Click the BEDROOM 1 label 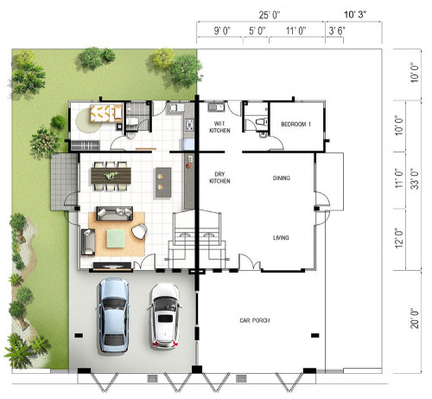click(x=295, y=125)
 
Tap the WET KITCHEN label click(x=219, y=127)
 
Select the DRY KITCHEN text click(x=219, y=177)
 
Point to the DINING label click(x=282, y=178)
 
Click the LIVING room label click(x=281, y=238)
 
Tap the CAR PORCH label click(x=255, y=320)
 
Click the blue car click(x=113, y=315)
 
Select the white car click(x=165, y=316)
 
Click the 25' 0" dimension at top click(x=270, y=15)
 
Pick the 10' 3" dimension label click(x=355, y=15)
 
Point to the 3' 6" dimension click(x=337, y=30)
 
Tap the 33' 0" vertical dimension click(x=415, y=179)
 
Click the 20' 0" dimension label click(x=415, y=318)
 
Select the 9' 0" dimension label click(x=222, y=30)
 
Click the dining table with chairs click(x=111, y=176)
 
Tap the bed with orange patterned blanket click(x=105, y=113)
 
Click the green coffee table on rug click(x=116, y=238)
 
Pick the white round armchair click(x=139, y=231)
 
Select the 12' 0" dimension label click(x=398, y=239)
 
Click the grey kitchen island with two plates click(x=163, y=183)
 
